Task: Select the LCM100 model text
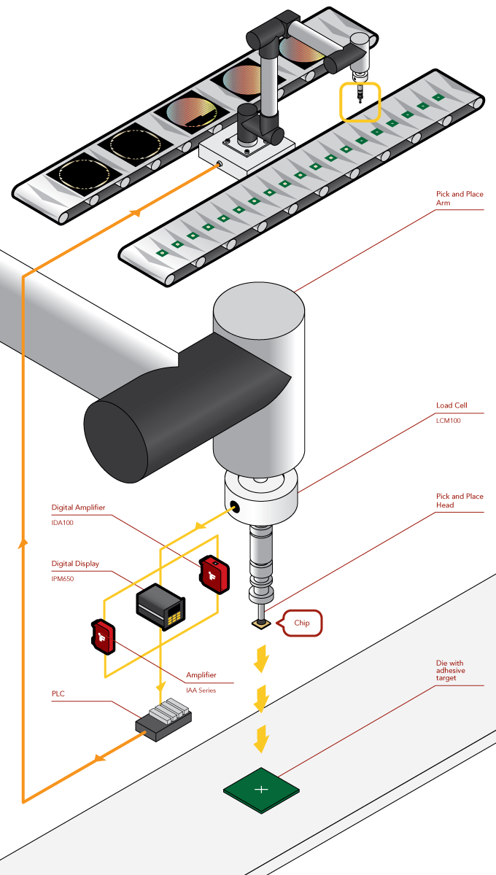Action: pos(449,420)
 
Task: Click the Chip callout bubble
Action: pos(301,623)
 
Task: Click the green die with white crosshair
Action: pos(261,790)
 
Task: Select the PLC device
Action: pos(163,717)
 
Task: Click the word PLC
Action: pos(58,693)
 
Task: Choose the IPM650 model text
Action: pos(63,579)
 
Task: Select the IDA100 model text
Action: pos(63,523)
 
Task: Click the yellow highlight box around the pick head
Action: pos(360,102)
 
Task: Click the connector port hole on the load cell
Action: pos(233,507)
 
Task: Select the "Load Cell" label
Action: pos(451,405)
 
